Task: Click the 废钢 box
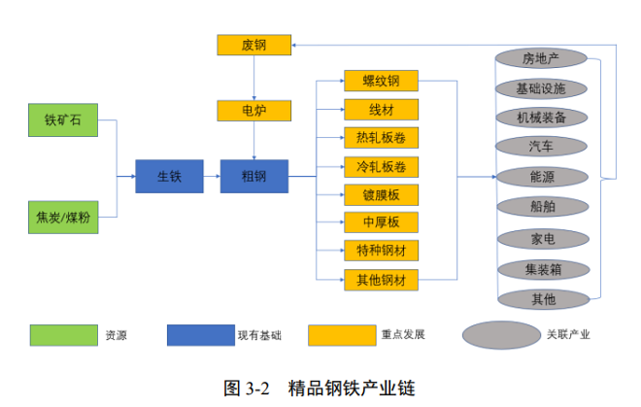(x=253, y=44)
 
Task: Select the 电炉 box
(x=253, y=110)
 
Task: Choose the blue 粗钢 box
(x=253, y=176)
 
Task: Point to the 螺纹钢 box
(x=381, y=80)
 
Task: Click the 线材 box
(x=381, y=109)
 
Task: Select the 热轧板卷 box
(x=381, y=137)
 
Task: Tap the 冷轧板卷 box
(x=381, y=165)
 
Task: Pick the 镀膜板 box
(x=381, y=194)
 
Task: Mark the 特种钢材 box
(x=381, y=251)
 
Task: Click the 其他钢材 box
(x=381, y=280)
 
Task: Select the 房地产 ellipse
(x=541, y=58)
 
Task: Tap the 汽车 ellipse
(x=541, y=147)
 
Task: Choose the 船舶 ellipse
(x=541, y=206)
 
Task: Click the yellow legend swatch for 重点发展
(x=342, y=335)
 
